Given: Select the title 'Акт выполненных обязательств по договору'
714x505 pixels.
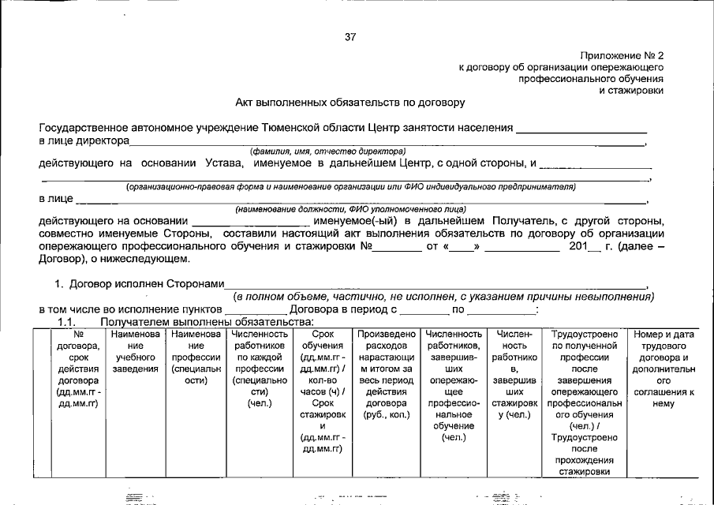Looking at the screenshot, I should (350, 103).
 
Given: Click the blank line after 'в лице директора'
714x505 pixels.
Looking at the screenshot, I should (387, 142).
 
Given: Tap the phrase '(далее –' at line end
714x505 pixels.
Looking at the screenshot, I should (641, 245).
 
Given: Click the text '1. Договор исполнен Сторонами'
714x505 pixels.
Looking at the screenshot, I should (139, 283).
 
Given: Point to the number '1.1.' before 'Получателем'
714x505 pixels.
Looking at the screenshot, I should (69, 321).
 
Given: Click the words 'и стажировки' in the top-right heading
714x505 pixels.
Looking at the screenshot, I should (633, 91).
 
